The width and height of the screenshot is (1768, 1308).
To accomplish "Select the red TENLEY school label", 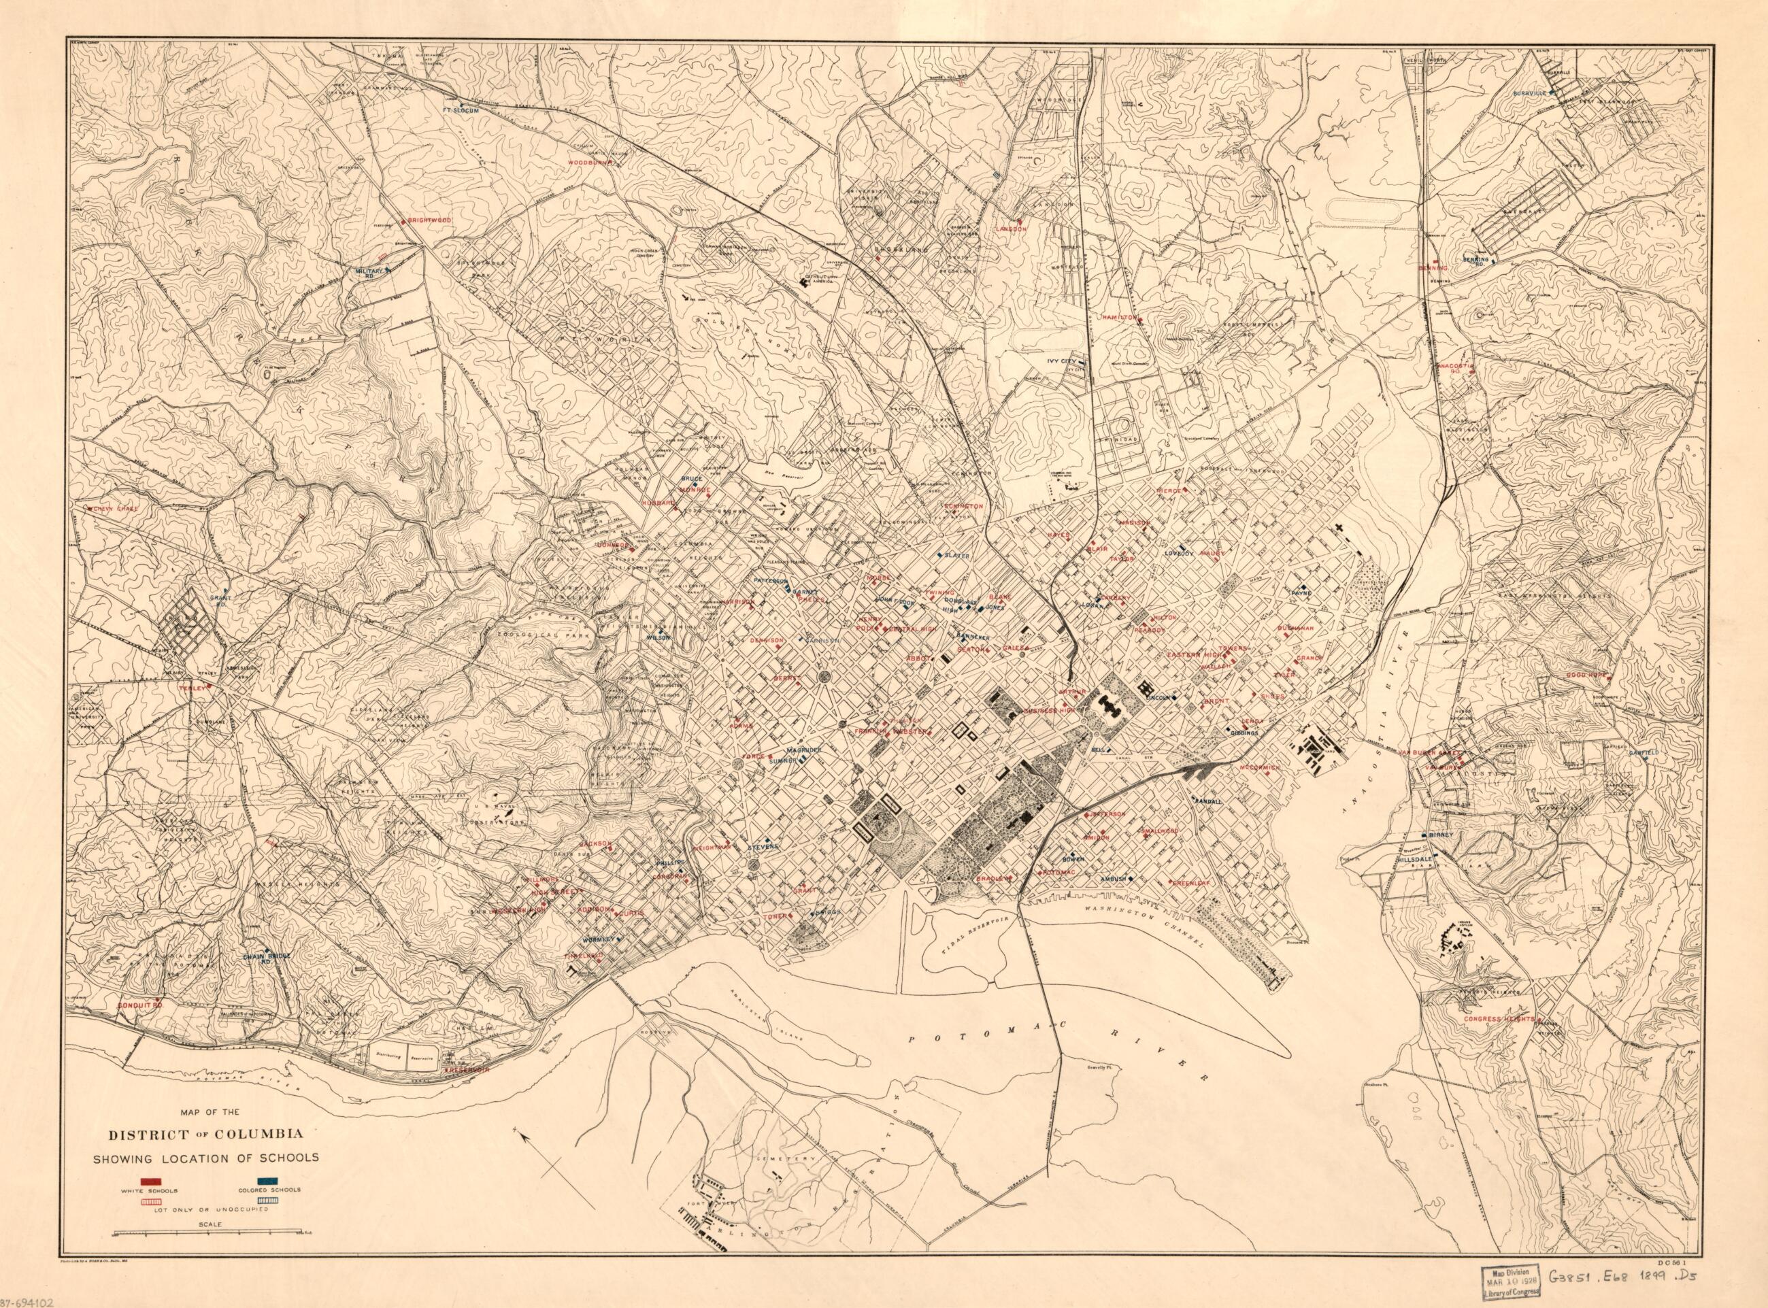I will pos(193,688).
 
